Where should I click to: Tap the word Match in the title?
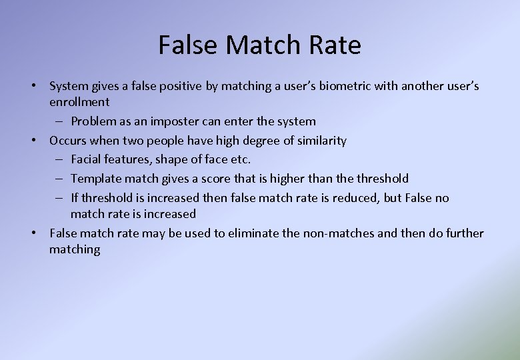tap(266, 45)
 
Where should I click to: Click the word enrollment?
tap(79, 102)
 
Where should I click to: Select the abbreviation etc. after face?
tap(240, 159)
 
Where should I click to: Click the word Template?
tap(96, 179)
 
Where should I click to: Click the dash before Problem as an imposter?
tap(59, 121)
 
